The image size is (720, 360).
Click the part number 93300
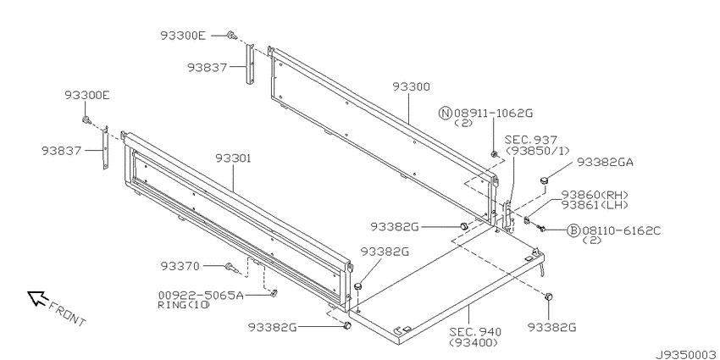(x=411, y=86)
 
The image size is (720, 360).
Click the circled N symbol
(x=446, y=113)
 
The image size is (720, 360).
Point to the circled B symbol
(x=573, y=230)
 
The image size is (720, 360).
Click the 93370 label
(x=180, y=266)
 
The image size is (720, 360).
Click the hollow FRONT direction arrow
(x=37, y=297)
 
